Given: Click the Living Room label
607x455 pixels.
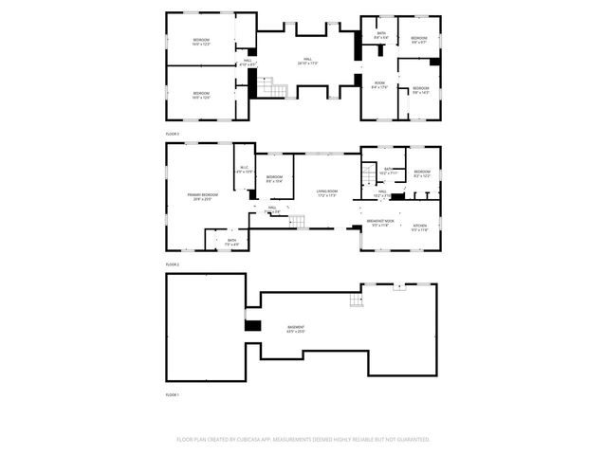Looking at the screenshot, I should (327, 193).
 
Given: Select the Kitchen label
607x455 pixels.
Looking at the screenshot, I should (420, 227).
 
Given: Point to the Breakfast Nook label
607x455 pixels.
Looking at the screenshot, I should (379, 224).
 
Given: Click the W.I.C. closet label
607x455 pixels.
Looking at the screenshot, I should (243, 170).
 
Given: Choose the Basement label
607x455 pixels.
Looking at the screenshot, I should (309, 329).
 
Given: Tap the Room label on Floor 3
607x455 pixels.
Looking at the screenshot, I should (378, 85).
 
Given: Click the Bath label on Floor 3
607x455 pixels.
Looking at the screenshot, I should (380, 35).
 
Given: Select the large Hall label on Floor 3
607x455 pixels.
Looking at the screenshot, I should (306, 62).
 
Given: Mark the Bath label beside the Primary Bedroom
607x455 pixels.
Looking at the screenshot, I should (231, 241).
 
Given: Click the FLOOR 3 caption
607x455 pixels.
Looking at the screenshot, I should (173, 135).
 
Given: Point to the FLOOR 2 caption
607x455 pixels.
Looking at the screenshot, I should (173, 264).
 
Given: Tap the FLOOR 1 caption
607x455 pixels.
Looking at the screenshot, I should (173, 393).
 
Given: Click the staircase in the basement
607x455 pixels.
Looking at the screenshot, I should (357, 300).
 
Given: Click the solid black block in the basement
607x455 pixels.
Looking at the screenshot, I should (252, 326).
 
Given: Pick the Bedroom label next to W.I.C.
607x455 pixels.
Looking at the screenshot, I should (274, 178).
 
